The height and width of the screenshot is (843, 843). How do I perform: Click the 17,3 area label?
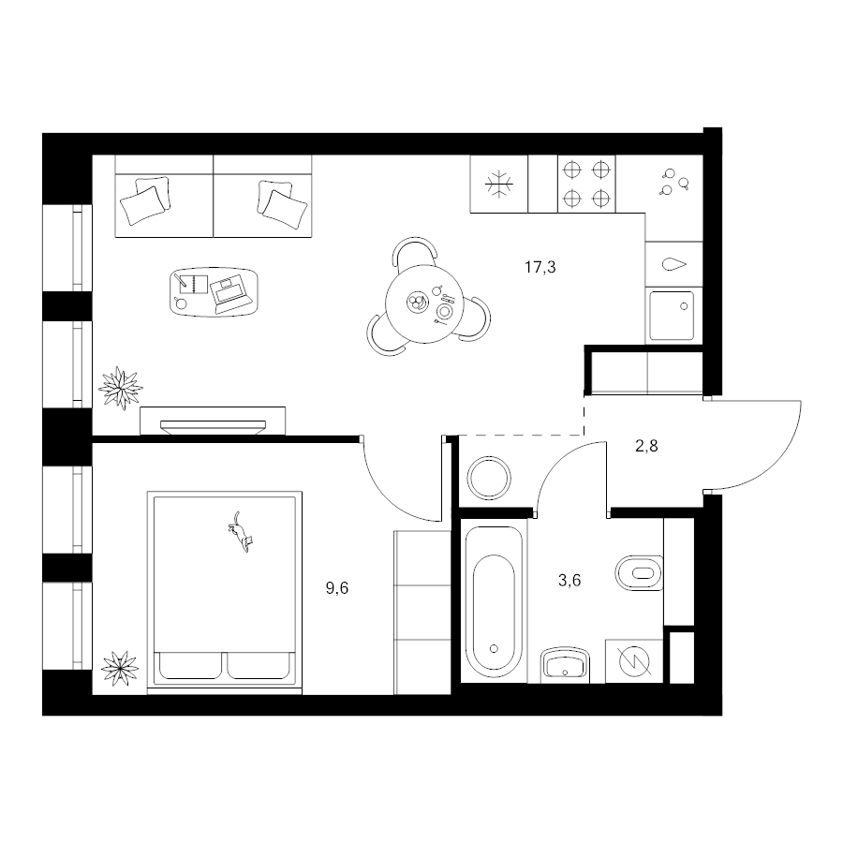[x=540, y=267]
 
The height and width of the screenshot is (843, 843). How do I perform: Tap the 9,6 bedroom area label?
[x=337, y=588]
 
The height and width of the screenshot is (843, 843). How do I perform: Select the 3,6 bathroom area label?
[x=569, y=581]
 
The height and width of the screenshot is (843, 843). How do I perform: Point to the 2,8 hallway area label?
[x=646, y=446]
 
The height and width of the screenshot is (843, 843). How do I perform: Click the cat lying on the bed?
[x=240, y=532]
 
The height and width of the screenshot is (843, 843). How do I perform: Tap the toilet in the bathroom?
[x=639, y=573]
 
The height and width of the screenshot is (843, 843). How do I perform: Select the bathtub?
[x=494, y=602]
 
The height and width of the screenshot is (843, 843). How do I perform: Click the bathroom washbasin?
[x=566, y=664]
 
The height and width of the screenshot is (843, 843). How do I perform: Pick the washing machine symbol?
[x=634, y=661]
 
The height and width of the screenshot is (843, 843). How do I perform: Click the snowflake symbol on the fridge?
[x=499, y=185]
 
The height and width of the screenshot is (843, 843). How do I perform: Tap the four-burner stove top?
[x=586, y=185]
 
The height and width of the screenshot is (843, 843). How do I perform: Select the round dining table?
[x=424, y=304]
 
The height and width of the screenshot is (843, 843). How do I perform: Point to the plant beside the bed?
[x=120, y=668]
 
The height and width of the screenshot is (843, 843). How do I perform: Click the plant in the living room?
[x=121, y=388]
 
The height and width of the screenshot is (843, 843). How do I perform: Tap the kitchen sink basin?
[x=672, y=316]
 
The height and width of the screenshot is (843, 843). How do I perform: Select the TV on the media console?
[x=213, y=426]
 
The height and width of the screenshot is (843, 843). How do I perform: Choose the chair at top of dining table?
[x=415, y=252]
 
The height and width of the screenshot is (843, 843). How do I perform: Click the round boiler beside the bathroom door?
[x=489, y=478]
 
